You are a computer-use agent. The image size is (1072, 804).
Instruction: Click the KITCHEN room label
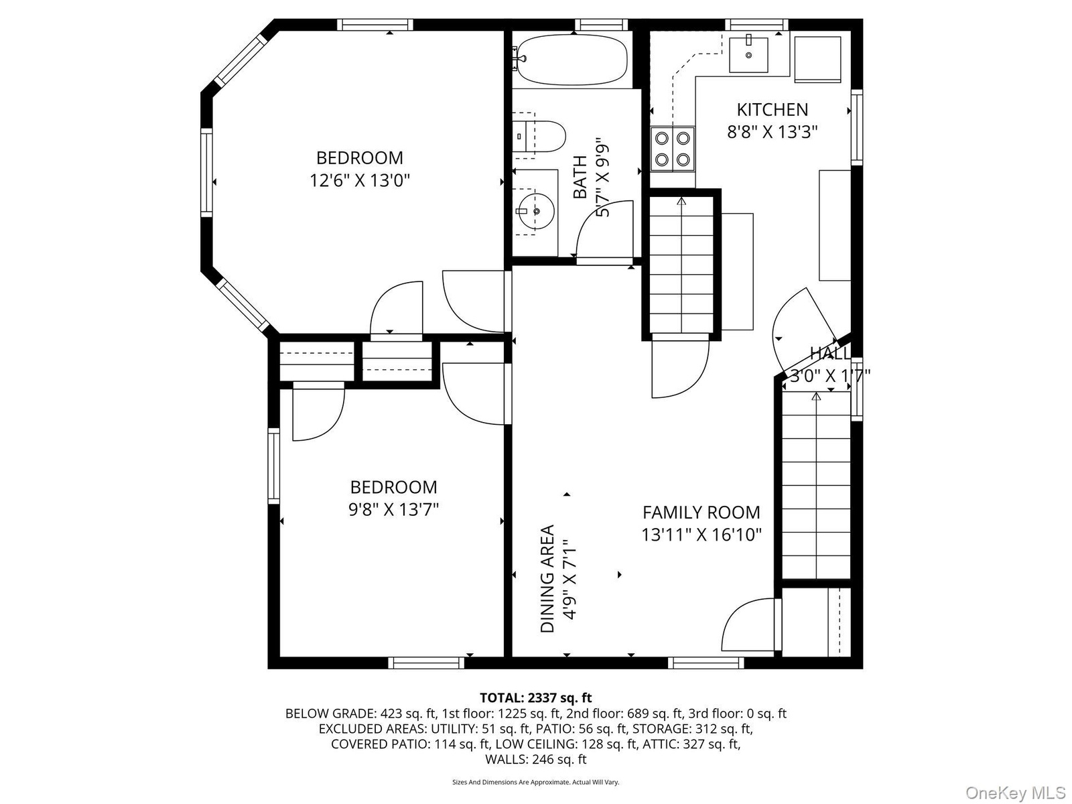[x=772, y=110]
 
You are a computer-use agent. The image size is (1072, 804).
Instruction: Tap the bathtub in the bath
[x=572, y=59]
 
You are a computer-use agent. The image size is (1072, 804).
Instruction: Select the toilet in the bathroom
[x=539, y=137]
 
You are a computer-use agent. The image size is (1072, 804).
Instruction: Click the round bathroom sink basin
[x=536, y=211]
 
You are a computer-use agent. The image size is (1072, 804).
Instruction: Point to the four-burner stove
[x=673, y=148]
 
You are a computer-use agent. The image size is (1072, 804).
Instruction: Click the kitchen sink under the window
[x=748, y=54]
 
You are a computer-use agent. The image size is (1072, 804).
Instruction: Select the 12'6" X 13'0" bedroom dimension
[x=359, y=181]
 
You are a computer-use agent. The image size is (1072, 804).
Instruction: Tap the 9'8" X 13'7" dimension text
[x=393, y=510]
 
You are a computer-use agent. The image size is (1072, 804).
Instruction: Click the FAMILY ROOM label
[x=701, y=513]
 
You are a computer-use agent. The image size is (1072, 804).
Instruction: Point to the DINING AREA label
[x=547, y=578]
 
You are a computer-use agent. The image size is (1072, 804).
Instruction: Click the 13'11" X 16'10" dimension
[x=701, y=535]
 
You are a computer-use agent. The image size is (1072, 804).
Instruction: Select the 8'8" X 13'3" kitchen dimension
[x=772, y=132]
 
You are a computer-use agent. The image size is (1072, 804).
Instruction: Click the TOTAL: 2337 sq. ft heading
[x=536, y=698]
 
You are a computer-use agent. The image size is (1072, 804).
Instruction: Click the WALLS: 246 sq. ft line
[x=536, y=759]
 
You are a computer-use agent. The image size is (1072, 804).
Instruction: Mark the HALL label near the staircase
[x=829, y=352]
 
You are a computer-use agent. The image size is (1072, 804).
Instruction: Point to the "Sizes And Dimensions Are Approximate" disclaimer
[x=536, y=782]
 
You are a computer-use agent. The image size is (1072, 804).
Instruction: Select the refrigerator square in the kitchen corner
[x=817, y=59]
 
